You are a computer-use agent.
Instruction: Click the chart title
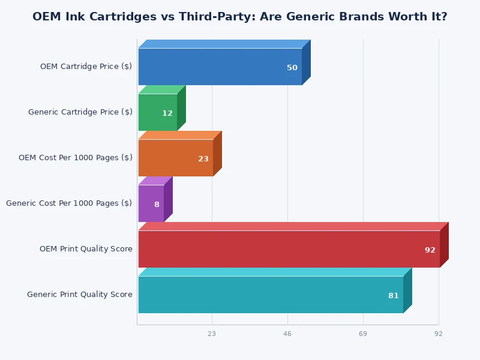click(240, 17)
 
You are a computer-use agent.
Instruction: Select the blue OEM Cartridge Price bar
click(220, 67)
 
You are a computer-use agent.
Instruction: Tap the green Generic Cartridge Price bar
click(157, 112)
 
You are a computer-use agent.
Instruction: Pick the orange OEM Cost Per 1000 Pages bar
click(175, 158)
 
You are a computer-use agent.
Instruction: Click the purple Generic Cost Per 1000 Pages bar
click(151, 203)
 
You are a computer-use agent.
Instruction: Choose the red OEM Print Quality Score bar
click(289, 249)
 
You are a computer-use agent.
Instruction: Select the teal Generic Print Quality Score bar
click(271, 295)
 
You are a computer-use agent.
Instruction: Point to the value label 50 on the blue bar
click(292, 68)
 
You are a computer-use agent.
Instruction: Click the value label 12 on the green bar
click(167, 113)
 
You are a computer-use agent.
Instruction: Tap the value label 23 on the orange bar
click(203, 159)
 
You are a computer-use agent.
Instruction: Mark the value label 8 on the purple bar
click(157, 205)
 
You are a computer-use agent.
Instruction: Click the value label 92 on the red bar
click(430, 250)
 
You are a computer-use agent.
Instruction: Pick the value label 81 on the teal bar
click(394, 296)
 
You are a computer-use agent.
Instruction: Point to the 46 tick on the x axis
click(287, 334)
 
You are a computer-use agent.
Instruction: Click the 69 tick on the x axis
click(363, 334)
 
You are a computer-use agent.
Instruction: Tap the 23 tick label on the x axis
click(212, 334)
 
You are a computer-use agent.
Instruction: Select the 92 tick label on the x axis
click(439, 334)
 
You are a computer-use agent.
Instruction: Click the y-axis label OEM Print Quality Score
click(86, 249)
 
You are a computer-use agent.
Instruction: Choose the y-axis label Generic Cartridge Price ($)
click(80, 112)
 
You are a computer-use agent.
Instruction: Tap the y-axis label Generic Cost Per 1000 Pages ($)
click(69, 203)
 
